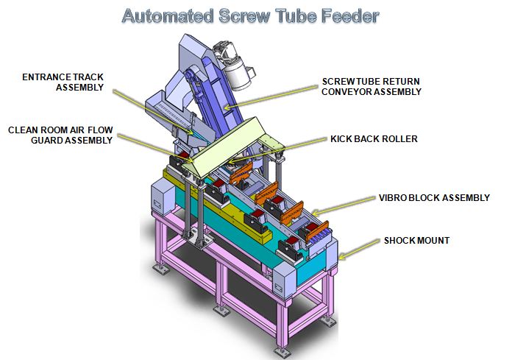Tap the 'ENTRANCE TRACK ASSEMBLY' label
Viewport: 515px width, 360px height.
[62, 82]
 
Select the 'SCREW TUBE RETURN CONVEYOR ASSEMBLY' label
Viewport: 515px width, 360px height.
[371, 87]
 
